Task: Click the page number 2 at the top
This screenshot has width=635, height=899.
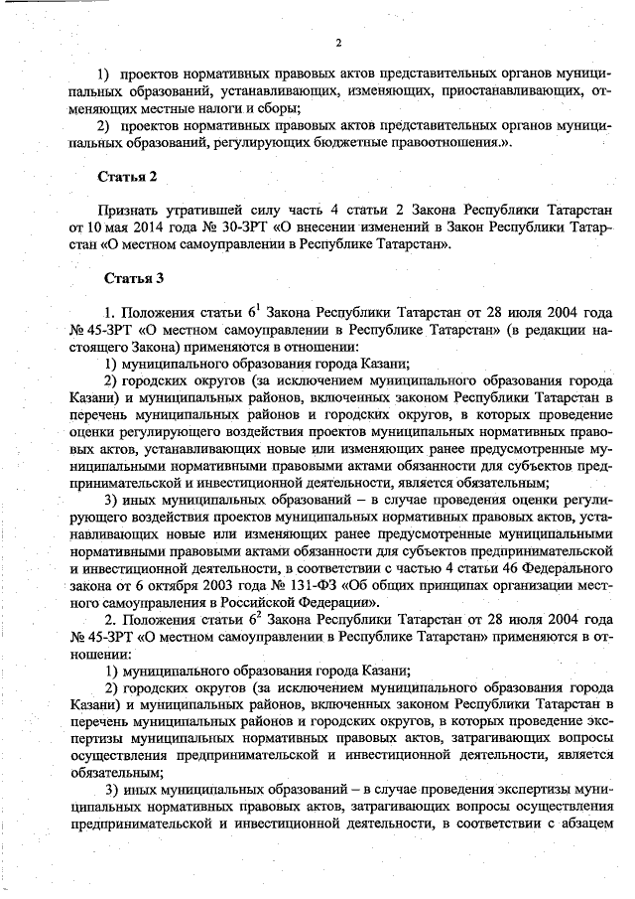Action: (x=337, y=42)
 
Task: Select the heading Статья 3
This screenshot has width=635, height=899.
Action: (x=128, y=277)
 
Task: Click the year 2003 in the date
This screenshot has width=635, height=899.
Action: (x=205, y=584)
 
